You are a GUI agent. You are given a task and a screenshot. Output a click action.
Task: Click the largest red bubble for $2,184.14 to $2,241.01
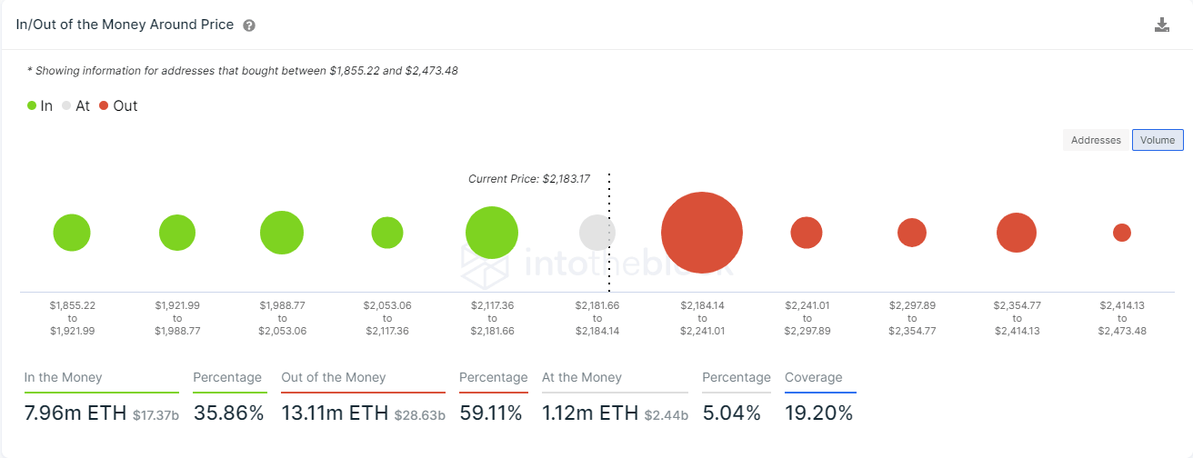tap(702, 233)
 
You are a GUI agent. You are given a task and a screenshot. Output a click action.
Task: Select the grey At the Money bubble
tap(596, 233)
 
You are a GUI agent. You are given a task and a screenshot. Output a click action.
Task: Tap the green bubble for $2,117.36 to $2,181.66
tap(492, 233)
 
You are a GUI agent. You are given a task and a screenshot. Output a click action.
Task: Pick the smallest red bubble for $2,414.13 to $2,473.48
tap(1122, 233)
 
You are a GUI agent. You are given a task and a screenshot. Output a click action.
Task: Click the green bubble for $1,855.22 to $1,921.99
tap(72, 233)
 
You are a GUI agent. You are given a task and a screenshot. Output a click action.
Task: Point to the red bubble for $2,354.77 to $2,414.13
tap(1017, 233)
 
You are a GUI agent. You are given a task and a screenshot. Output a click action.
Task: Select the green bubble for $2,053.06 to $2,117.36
tap(387, 233)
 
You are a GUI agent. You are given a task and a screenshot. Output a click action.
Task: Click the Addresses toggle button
tap(1096, 140)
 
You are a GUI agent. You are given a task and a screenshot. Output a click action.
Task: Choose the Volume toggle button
tap(1158, 140)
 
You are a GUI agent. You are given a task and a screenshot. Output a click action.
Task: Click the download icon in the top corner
tap(1162, 25)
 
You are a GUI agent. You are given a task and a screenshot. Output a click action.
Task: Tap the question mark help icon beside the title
tap(249, 25)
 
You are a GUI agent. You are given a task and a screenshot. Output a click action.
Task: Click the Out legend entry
tap(118, 105)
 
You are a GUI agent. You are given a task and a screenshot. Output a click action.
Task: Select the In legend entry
tap(40, 105)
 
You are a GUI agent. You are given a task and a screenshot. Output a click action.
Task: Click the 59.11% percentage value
tap(491, 413)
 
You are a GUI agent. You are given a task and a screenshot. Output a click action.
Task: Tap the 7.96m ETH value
tap(75, 413)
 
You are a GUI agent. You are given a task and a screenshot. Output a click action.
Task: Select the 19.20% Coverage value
tap(818, 413)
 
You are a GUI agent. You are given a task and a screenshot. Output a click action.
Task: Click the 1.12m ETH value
tap(590, 413)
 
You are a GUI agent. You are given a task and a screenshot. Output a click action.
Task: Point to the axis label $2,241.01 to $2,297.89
tap(807, 318)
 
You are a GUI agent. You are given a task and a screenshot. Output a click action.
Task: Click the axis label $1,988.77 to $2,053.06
tap(282, 318)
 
